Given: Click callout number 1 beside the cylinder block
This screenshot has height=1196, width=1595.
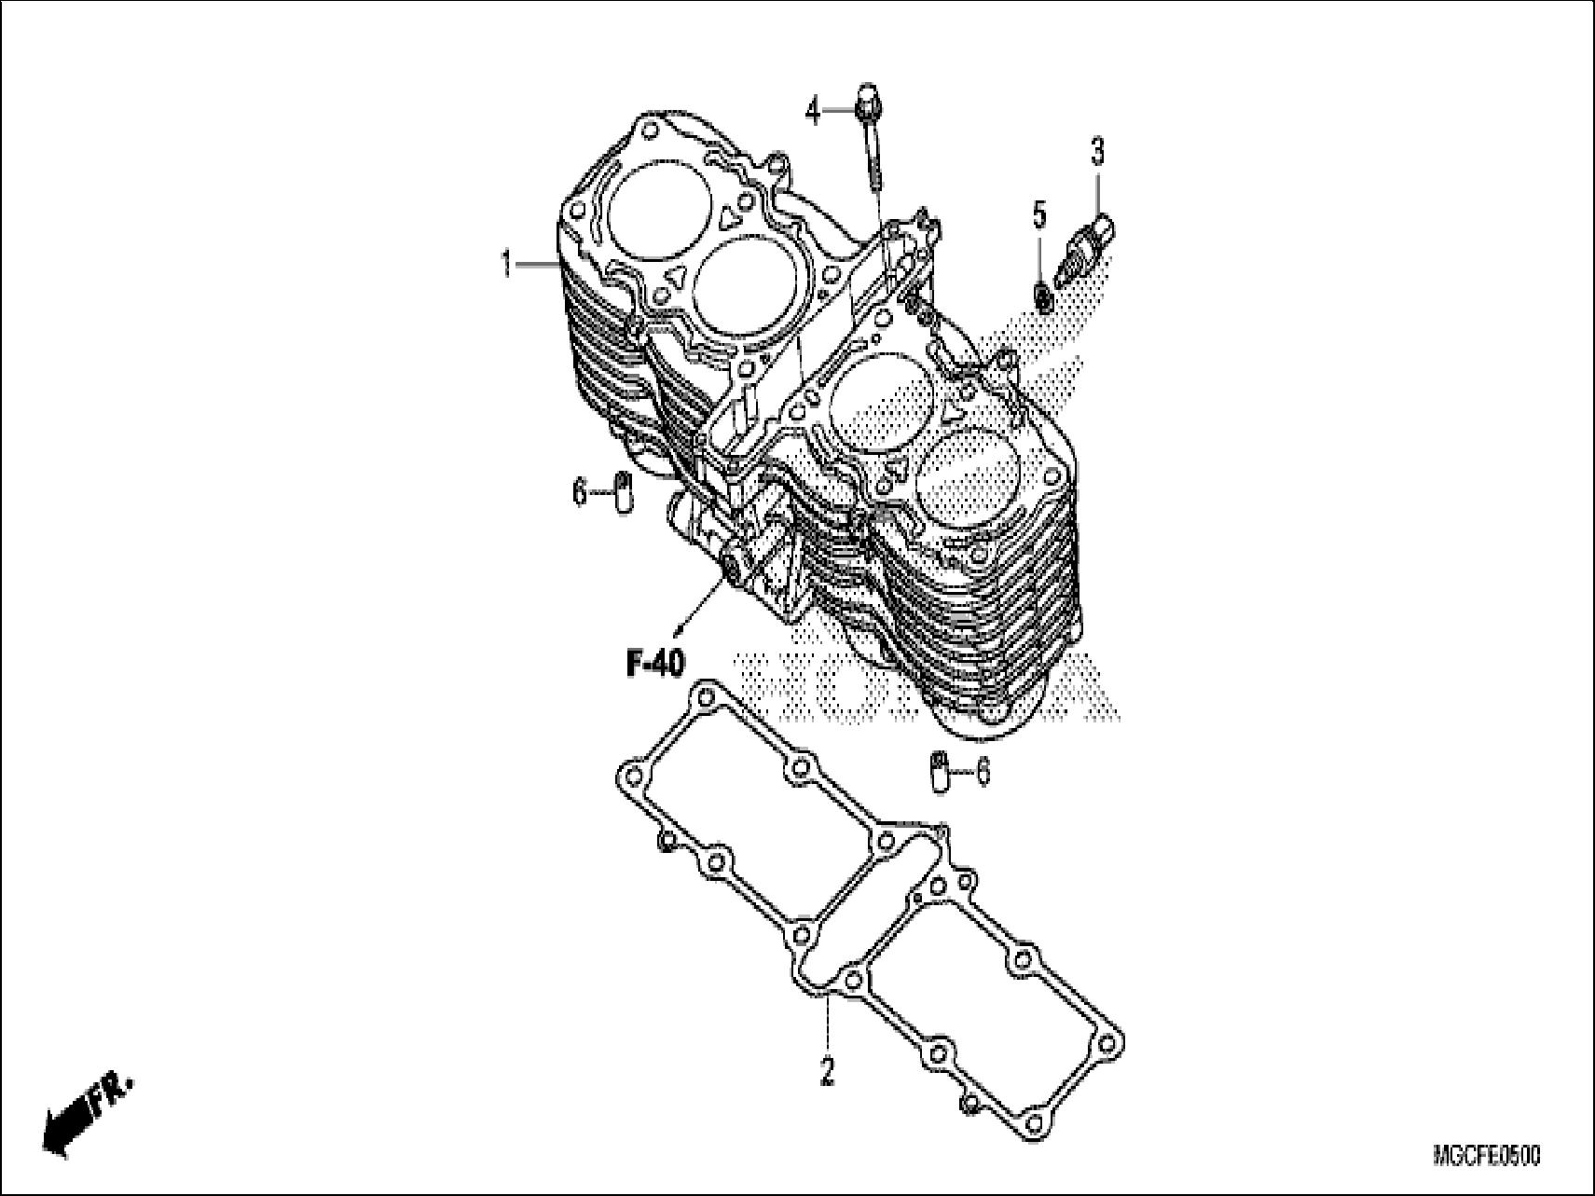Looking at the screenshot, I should pos(506,266).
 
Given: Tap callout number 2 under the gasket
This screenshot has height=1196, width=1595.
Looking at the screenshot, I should pos(827,1074).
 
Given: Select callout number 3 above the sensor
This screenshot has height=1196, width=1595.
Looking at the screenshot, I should pos(1097,151).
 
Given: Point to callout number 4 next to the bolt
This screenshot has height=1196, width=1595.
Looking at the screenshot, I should pos(813,112).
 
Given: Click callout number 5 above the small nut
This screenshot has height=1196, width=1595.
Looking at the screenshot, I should pos(1039,215).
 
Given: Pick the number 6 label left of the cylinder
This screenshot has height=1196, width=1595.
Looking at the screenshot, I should pos(580,491).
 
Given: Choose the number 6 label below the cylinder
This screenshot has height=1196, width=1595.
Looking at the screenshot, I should pos(982,772).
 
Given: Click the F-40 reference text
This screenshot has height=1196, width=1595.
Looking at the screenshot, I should pos(654,664).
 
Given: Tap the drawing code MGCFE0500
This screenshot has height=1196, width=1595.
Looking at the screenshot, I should pos(1486,1157).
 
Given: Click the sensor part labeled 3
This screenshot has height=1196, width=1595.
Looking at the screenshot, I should pos(1087,245).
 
